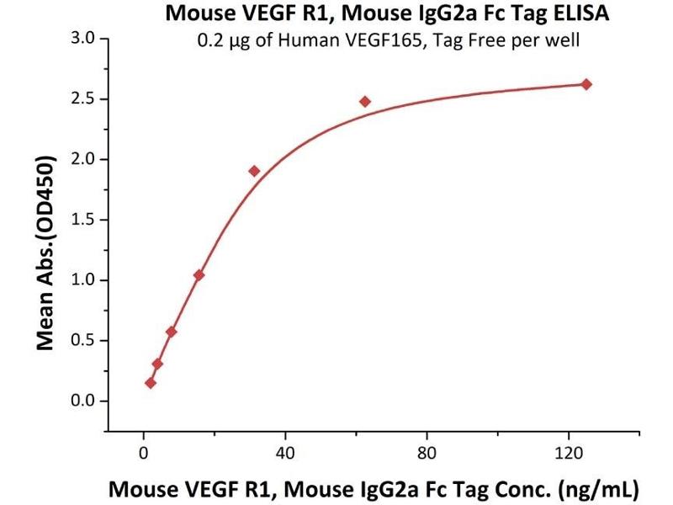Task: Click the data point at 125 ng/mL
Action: click(x=586, y=84)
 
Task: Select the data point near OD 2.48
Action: click(x=365, y=101)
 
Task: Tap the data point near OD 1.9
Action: click(x=254, y=171)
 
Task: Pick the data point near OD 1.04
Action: click(x=199, y=275)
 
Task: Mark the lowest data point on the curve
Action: click(x=151, y=383)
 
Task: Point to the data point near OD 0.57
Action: click(x=171, y=332)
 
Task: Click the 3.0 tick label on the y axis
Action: click(x=84, y=39)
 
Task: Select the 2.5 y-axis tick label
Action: click(x=84, y=99)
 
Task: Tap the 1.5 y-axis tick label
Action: click(x=84, y=220)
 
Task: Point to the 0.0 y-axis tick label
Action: click(x=84, y=401)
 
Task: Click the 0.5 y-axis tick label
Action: click(x=84, y=340)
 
